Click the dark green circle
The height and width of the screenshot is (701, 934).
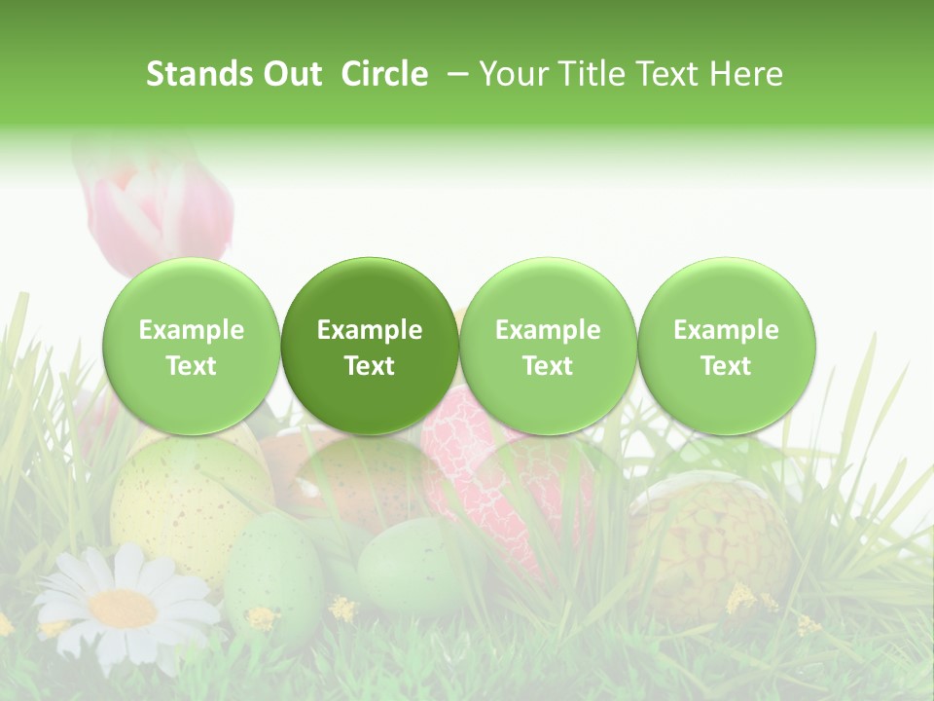(370, 346)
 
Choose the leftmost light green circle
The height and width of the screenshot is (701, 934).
(192, 346)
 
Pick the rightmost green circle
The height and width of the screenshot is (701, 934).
(727, 346)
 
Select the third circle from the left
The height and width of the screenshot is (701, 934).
(548, 346)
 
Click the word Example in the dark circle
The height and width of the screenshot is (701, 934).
(370, 330)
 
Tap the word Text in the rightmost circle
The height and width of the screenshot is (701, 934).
(727, 366)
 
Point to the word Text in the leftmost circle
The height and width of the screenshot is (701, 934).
(192, 366)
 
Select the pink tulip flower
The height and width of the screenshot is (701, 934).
(161, 209)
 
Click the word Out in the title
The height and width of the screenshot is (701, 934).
(289, 74)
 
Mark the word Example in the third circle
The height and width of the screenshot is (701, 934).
(548, 330)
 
